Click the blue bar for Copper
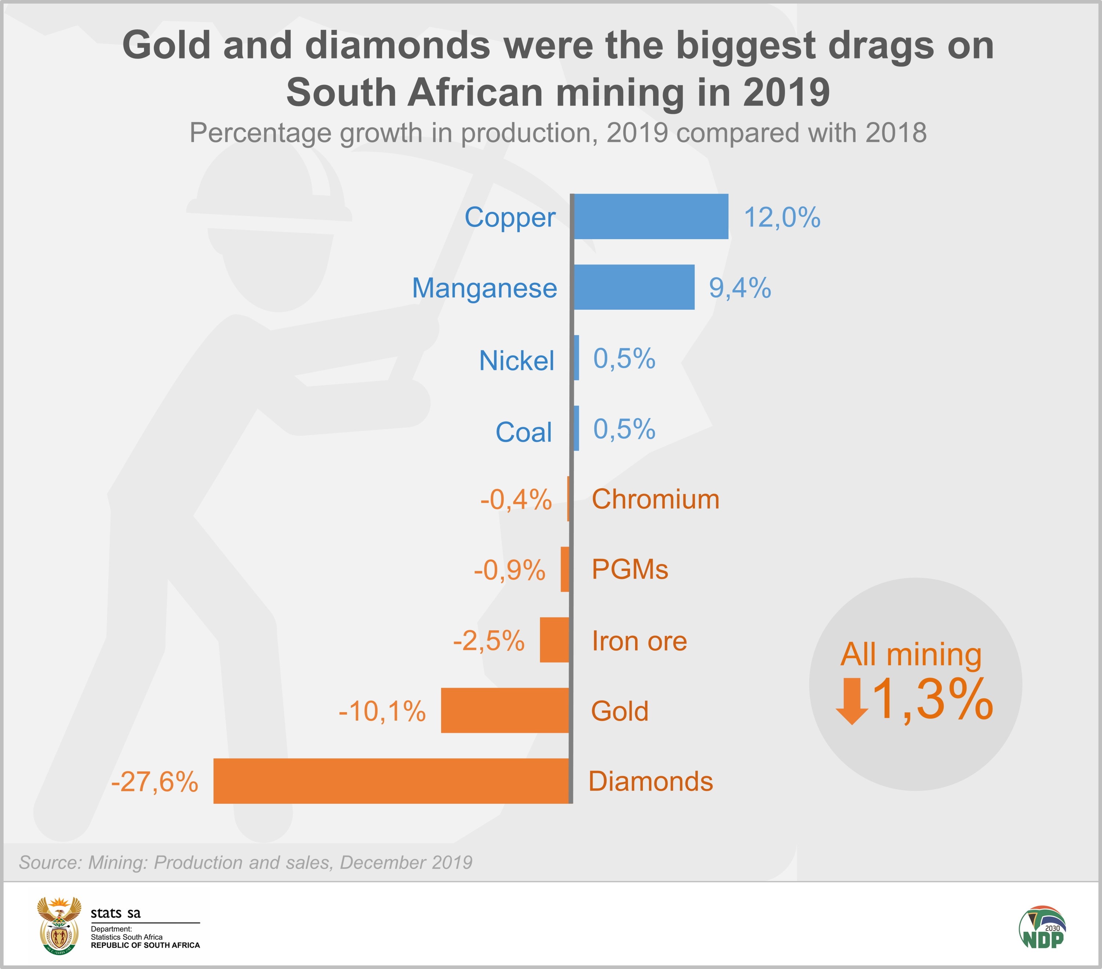point(651,216)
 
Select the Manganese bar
point(634,287)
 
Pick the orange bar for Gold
point(505,710)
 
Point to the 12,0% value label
point(782,217)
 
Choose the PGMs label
point(630,569)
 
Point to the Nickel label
point(516,360)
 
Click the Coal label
point(523,432)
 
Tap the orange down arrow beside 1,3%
point(852,701)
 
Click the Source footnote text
point(245,862)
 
